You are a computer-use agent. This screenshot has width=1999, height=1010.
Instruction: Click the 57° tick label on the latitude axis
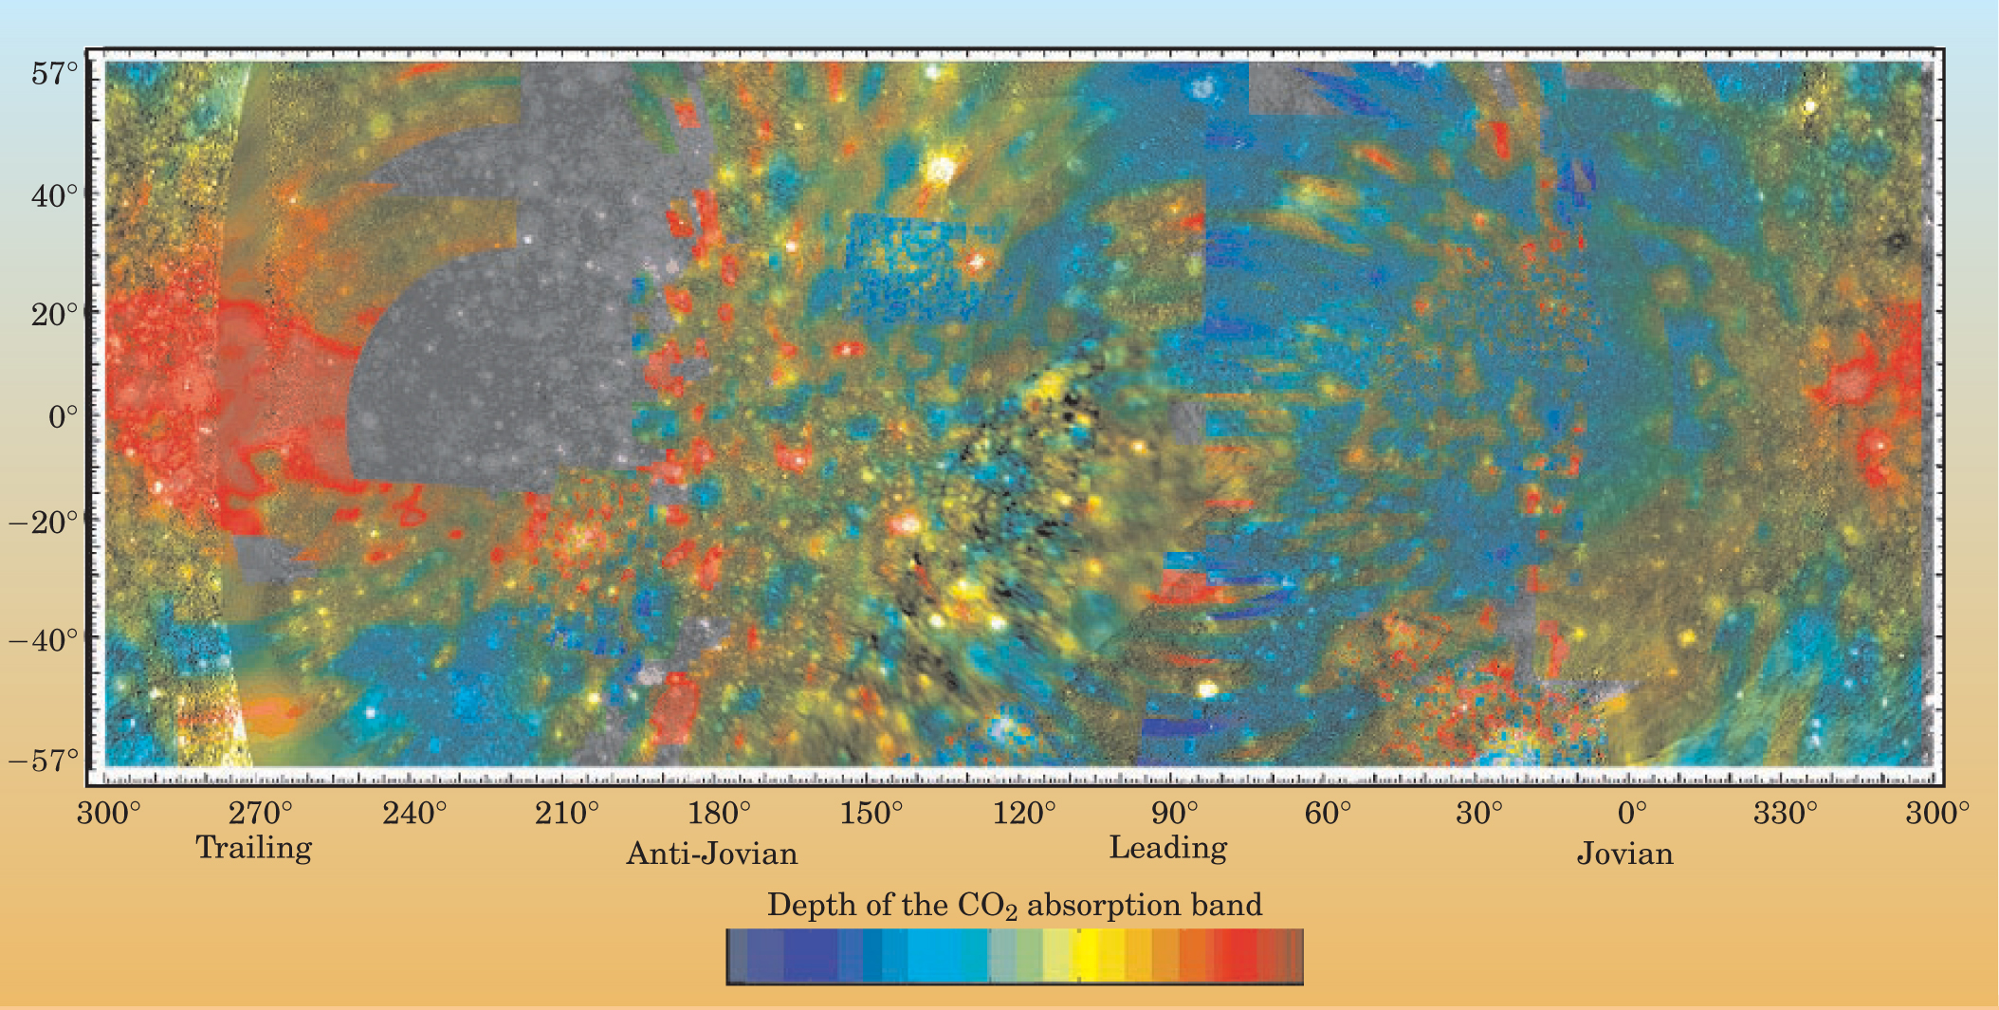coord(54,73)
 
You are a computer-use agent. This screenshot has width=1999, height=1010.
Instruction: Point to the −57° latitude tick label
coord(45,761)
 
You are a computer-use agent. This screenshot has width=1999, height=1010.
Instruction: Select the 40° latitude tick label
coord(54,196)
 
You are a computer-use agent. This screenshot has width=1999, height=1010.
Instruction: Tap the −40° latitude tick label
coord(45,640)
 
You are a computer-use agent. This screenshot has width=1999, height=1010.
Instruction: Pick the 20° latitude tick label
coord(54,314)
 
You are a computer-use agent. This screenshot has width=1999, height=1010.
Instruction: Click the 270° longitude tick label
coord(262,814)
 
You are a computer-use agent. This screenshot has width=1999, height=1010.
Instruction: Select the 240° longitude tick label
coord(414,814)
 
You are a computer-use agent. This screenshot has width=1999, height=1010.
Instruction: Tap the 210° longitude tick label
coord(567,814)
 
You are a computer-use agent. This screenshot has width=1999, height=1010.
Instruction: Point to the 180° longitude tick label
coord(720,814)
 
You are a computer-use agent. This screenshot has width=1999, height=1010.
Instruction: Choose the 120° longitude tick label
coord(1024,814)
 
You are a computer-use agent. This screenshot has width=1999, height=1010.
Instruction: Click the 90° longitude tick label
coord(1176,814)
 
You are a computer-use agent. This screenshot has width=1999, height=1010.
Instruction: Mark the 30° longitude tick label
coord(1480,814)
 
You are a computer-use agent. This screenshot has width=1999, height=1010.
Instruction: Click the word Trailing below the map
coord(254,848)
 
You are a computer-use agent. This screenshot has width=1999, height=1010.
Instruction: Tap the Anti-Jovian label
coord(712,854)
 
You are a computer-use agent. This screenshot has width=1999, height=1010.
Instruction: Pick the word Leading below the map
coord(1168,848)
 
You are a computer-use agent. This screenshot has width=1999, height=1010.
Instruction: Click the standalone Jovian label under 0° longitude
coord(1624,854)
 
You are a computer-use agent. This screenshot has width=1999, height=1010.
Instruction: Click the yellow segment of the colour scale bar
coord(1091,956)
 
